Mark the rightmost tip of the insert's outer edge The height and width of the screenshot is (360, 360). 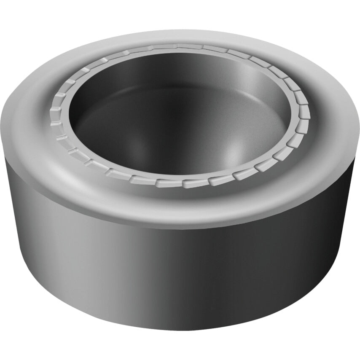359,126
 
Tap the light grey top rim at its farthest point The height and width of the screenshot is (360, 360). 185,36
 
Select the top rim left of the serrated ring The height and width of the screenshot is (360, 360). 27,122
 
